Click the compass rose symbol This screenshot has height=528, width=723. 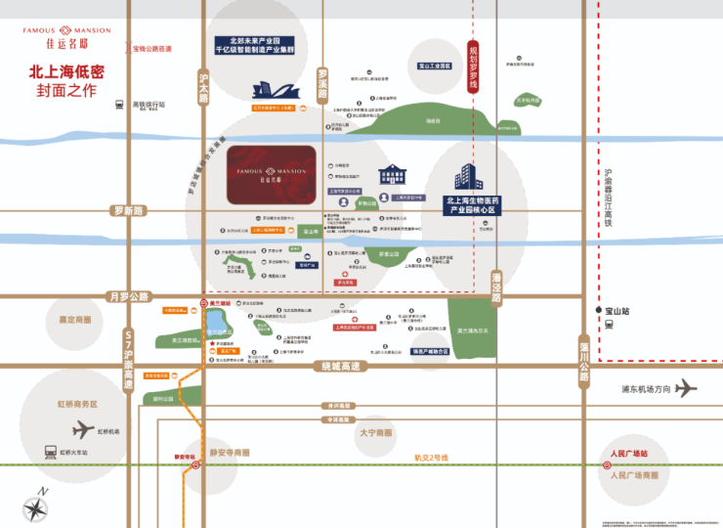point(36,509)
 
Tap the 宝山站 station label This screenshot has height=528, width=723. point(617,311)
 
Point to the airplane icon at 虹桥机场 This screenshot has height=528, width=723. point(83,428)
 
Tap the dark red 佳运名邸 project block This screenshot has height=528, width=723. point(271,175)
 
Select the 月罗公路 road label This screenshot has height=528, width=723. point(128,296)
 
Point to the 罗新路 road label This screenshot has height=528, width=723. point(127,210)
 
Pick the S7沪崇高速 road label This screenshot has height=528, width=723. point(127,358)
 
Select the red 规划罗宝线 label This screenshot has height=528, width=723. point(474,66)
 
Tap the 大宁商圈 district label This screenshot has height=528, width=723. point(375,432)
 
